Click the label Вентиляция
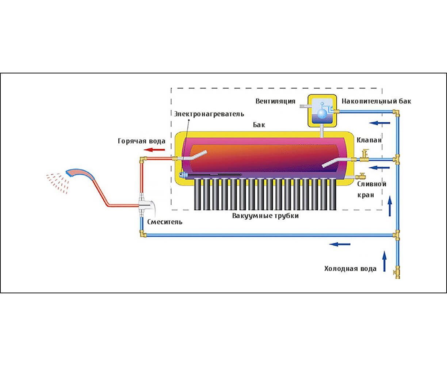tap(275, 101)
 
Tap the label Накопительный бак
tap(376, 101)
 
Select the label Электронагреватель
tap(209, 114)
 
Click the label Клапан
tap(369, 140)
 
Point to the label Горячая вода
tap(141, 141)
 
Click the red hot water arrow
tap(154, 150)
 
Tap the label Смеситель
tap(165, 222)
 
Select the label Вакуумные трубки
tap(265, 216)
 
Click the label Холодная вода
tap(350, 269)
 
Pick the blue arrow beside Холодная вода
tap(384, 261)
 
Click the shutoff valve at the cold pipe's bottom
tap(397, 273)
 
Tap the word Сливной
tap(372, 184)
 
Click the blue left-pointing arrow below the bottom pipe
tap(340, 244)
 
